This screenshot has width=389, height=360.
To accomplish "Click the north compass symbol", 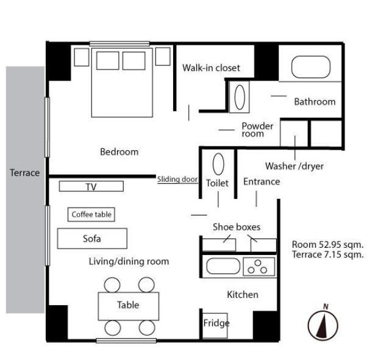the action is (323, 325).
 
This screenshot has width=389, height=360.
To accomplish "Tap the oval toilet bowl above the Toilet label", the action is (218, 164).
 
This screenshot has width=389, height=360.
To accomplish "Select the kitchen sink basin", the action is (223, 266).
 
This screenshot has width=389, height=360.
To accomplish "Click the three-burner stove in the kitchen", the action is (259, 267).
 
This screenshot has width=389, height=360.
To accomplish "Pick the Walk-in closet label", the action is (211, 68).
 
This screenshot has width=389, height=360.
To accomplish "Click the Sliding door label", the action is (177, 179).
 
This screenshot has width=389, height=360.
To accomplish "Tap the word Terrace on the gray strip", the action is (25, 173).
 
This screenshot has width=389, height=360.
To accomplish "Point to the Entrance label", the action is (262, 181).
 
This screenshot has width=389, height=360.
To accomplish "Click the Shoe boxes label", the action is (237, 227).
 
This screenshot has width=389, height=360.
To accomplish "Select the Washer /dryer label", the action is (294, 166).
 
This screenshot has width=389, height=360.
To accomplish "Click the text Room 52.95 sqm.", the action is (327, 245).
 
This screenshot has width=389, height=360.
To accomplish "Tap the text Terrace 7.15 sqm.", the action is (327, 254).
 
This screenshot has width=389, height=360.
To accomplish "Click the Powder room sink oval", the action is (240, 97).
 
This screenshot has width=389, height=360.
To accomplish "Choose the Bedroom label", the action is (119, 152).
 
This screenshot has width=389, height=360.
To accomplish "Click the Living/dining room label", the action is (129, 261).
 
